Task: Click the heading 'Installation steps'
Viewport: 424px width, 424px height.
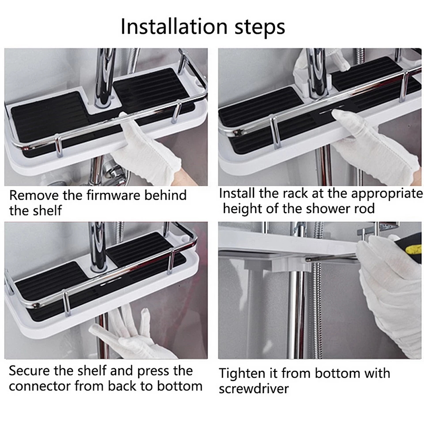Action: click(203, 26)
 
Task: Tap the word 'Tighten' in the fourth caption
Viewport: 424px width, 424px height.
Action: click(242, 374)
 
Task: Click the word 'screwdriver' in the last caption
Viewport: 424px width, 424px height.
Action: click(254, 389)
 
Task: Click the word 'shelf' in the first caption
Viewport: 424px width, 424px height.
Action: click(49, 210)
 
